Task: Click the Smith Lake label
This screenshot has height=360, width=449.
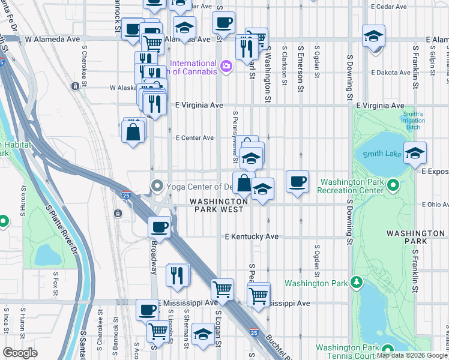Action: tap(382, 154)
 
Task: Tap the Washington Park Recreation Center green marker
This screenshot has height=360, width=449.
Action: tap(393, 185)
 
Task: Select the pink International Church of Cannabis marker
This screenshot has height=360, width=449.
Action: tap(226, 67)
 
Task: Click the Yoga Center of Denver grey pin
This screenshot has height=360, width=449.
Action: tap(157, 185)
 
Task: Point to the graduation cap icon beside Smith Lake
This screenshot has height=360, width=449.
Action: tap(415, 153)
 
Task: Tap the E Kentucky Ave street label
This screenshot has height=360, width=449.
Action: tap(252, 236)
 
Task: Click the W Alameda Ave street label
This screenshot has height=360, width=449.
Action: tap(52, 39)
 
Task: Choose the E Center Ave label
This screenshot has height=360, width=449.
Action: tap(194, 137)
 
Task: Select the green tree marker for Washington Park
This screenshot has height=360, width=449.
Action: tap(357, 282)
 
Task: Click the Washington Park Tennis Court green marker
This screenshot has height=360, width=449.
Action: tap(387, 350)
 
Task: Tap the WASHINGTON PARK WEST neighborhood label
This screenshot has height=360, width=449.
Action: tap(217, 205)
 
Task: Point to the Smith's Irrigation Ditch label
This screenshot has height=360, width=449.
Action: tap(413, 121)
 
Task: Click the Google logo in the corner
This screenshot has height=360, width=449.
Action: tap(20, 353)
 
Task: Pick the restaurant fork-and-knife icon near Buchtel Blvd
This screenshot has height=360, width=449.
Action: tap(178, 275)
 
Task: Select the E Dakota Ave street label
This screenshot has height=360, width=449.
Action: tap(390, 72)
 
